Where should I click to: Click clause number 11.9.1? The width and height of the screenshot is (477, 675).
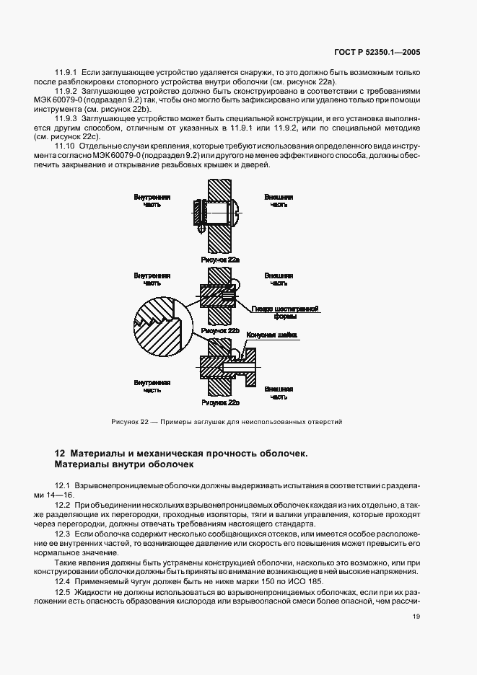coord(67,74)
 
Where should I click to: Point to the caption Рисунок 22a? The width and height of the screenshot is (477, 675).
coord(219,257)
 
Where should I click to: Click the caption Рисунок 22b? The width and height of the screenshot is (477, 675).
coord(220,330)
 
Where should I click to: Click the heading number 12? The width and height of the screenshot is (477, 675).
coord(61,453)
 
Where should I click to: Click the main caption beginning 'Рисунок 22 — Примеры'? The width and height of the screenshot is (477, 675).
coord(226,421)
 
